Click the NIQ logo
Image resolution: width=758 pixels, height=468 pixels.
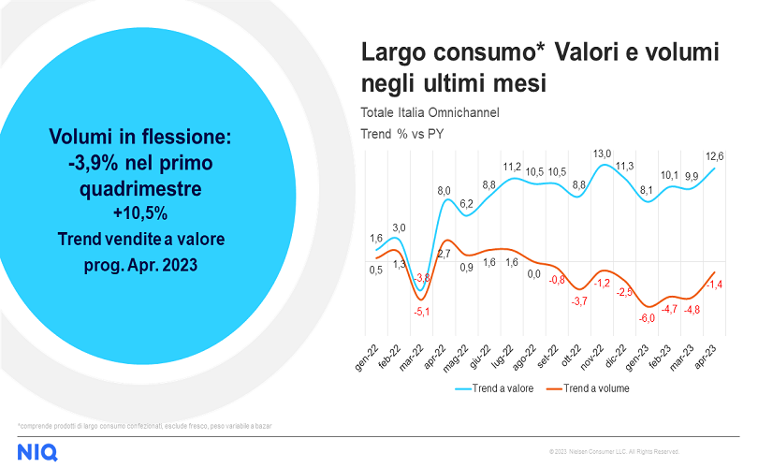pos(38,452)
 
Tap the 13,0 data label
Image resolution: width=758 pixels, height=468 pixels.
pos(602,154)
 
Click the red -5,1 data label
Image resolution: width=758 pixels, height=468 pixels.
pos(423,312)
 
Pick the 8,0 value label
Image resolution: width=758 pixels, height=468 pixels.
pos(445,191)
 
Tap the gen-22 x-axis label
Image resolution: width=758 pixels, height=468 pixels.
pos(368,356)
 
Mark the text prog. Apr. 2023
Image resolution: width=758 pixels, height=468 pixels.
pos(138,265)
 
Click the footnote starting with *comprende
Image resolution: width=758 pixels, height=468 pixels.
pos(145,426)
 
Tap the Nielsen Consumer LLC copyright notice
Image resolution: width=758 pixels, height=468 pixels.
pos(614,452)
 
